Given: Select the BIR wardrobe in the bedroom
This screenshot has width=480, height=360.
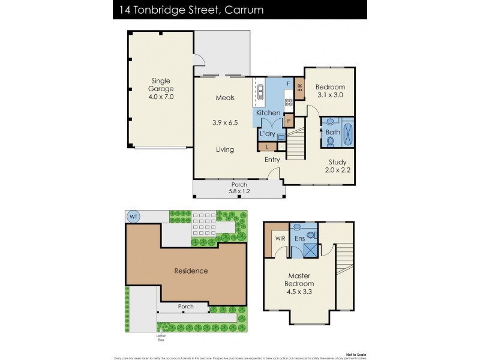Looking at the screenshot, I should [x=299, y=88].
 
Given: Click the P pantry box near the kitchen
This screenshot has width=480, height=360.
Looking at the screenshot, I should [x=289, y=121].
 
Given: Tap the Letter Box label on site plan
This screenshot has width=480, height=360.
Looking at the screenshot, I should [x=161, y=337].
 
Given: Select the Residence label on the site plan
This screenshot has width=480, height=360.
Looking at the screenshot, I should [x=191, y=271].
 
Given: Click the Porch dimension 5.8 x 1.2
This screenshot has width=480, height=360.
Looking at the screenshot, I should [x=238, y=191].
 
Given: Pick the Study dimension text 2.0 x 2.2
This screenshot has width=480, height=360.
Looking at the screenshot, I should [x=338, y=170].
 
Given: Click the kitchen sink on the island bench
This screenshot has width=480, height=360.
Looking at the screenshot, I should [x=260, y=91].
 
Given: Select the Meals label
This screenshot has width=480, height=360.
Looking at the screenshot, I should [x=225, y=97].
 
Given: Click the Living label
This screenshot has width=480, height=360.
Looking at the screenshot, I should [x=225, y=149].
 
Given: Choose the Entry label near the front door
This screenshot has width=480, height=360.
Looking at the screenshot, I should [x=273, y=160].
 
